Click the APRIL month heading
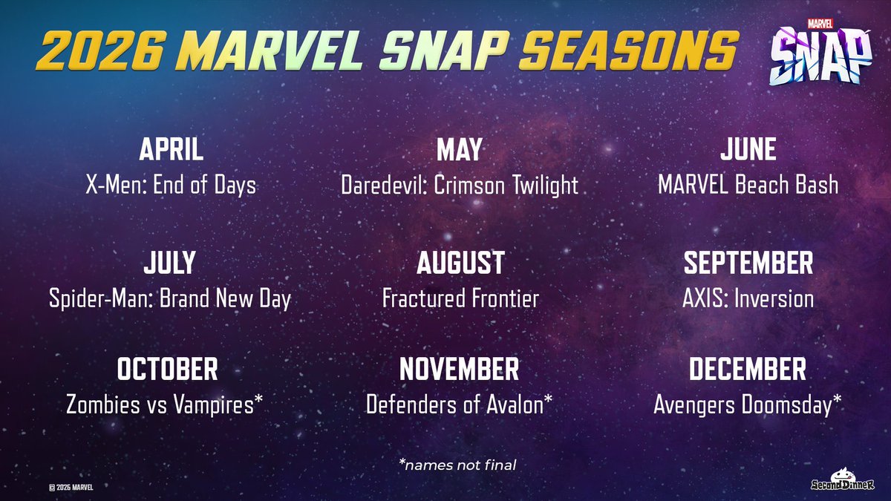[171, 150]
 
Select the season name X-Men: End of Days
[171, 184]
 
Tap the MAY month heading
[459, 150]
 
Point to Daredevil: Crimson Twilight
[459, 184]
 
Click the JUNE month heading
[748, 150]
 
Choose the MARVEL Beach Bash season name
[748, 184]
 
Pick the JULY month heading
[171, 263]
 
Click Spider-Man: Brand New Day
[171, 298]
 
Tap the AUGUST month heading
[460, 263]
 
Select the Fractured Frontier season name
[460, 298]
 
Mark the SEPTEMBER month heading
[748, 263]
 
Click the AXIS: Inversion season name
[748, 298]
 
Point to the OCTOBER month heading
[167, 369]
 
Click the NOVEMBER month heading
[459, 369]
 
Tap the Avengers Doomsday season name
[748, 404]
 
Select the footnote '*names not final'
[457, 465]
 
